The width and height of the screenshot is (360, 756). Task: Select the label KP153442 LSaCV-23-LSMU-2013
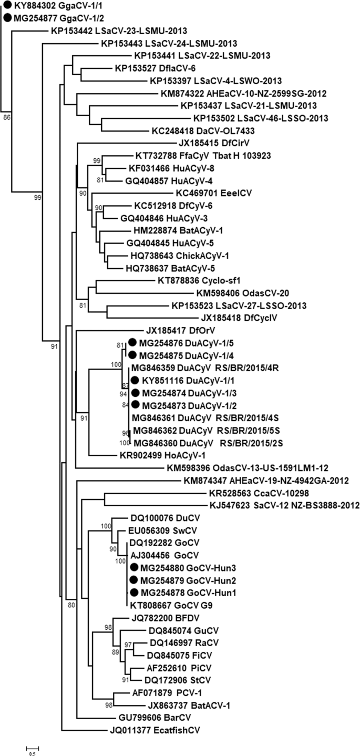(112, 30)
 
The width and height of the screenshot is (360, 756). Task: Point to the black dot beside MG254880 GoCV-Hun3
(134, 567)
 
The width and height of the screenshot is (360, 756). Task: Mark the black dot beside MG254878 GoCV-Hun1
(134, 592)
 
